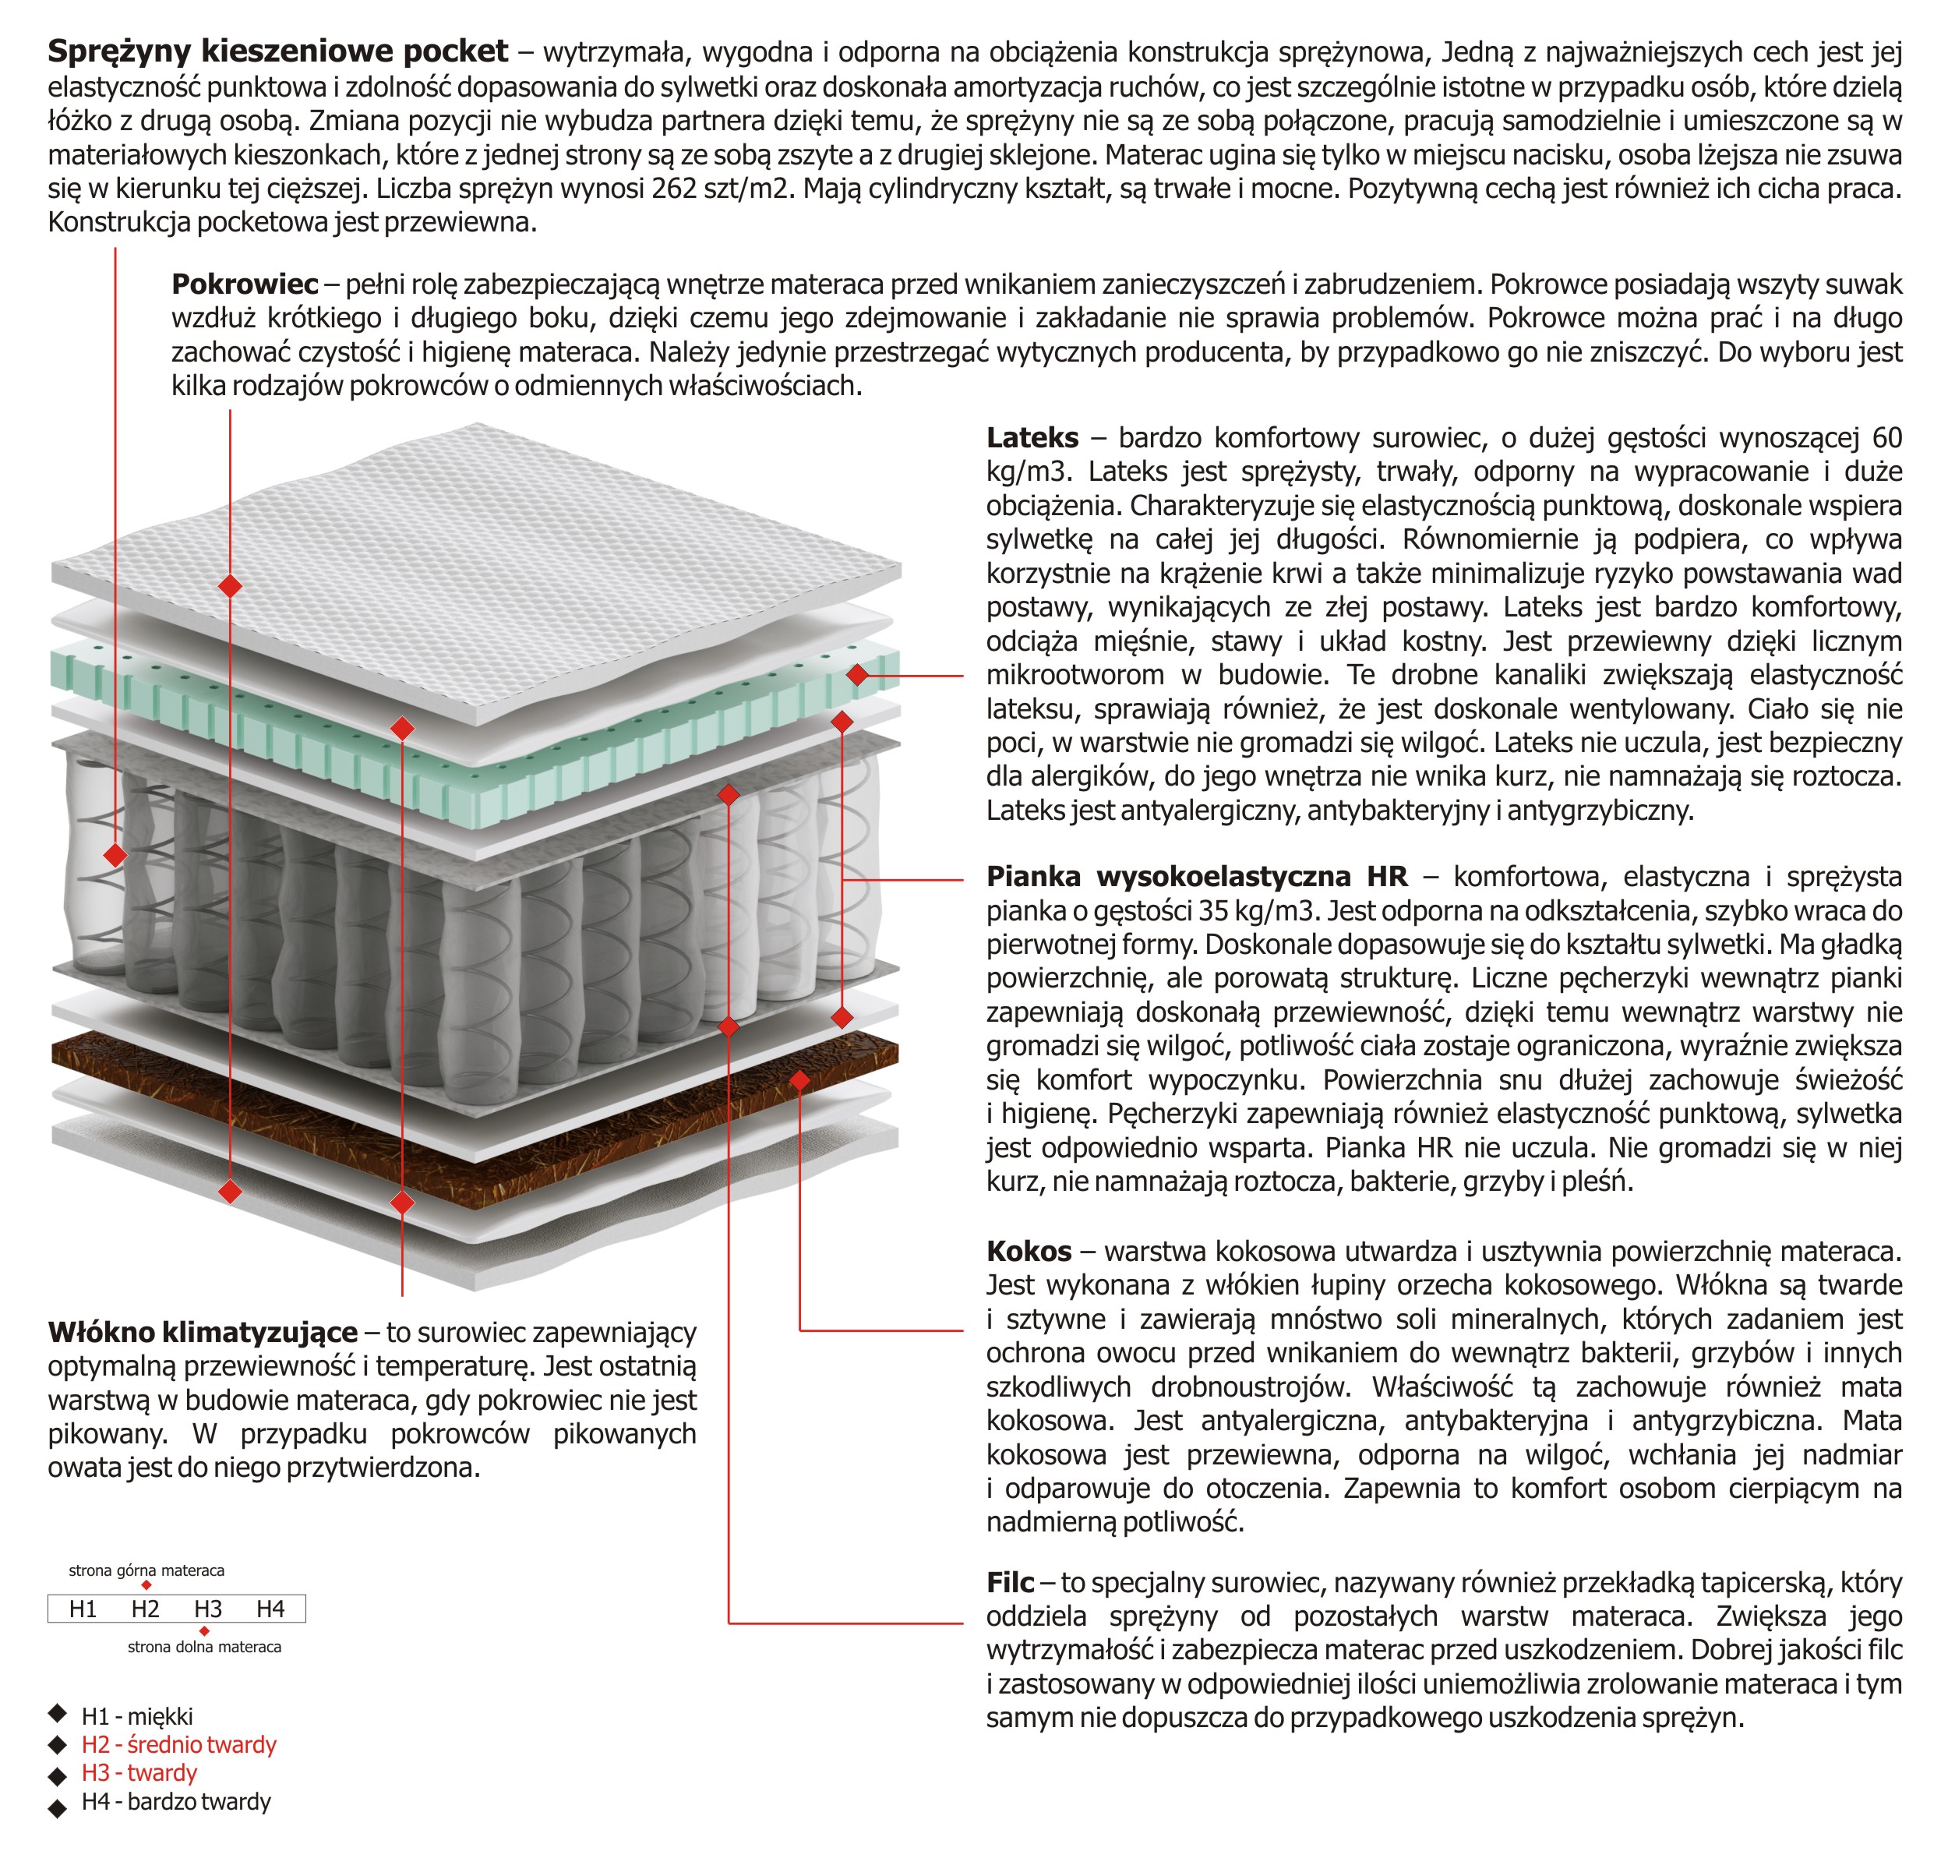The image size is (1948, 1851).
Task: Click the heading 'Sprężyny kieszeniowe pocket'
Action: click(277, 51)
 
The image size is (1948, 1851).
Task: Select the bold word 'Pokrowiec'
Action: click(245, 284)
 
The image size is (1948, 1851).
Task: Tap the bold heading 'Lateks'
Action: click(1032, 437)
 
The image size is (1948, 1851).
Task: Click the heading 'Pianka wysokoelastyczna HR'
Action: click(1196, 876)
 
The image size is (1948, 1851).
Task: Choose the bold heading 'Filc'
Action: click(1010, 1583)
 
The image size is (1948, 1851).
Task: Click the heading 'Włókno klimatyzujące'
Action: click(202, 1332)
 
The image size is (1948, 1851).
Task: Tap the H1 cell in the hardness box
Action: click(83, 1609)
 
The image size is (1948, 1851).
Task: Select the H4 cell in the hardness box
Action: click(270, 1609)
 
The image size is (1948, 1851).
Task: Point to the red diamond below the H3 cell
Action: click(204, 1632)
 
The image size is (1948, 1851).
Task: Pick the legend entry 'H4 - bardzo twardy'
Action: click(175, 1802)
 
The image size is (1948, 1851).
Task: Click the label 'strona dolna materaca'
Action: click(204, 1647)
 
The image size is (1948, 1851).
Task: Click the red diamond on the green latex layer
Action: click(857, 675)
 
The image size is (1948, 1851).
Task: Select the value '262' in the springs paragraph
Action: click(675, 188)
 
